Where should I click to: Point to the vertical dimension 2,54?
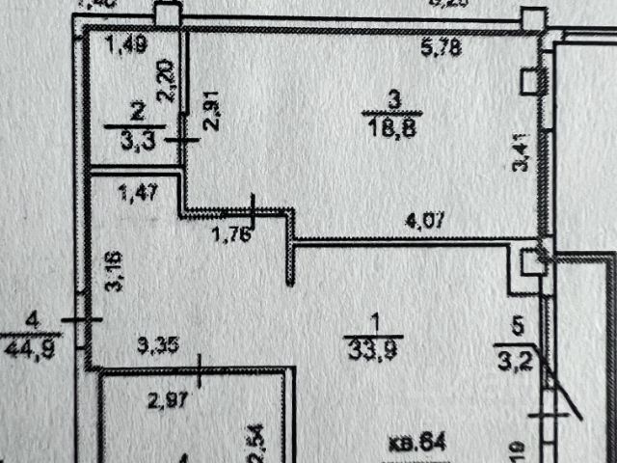[x=257, y=441]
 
